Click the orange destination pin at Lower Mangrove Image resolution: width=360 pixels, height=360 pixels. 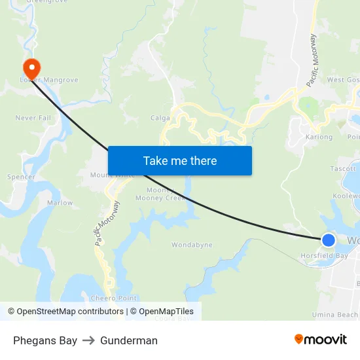31,67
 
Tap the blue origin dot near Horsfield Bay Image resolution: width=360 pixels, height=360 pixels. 329,240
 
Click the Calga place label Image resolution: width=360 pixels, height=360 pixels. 160,118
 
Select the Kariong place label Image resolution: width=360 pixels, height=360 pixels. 319,137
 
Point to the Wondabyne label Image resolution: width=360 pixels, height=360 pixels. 192,245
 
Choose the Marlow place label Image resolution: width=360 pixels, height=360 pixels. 60,203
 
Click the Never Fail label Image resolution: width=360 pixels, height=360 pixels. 33,118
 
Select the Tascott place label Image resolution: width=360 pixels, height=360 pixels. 343,168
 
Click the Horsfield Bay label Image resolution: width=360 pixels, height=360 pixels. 324,255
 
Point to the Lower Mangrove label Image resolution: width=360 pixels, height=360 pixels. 49,80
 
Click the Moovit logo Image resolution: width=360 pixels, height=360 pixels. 321,340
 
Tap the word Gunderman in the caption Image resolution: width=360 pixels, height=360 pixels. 129,340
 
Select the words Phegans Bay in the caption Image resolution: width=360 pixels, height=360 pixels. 45,340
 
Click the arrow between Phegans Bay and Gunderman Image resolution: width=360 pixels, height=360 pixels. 88,340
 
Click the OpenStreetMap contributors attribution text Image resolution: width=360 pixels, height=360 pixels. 69,312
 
